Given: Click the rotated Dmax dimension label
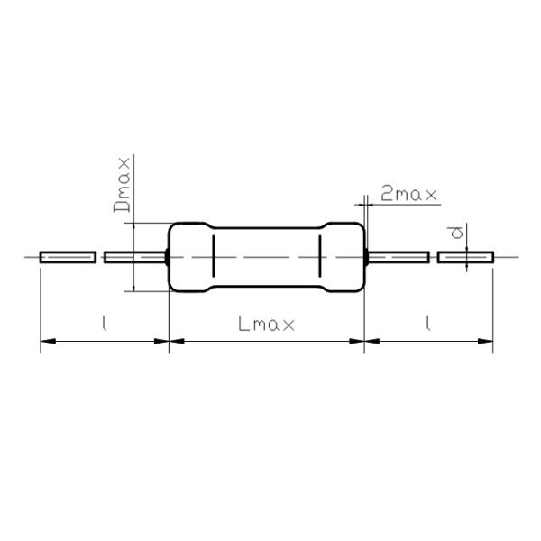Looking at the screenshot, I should pyautogui.click(x=124, y=186).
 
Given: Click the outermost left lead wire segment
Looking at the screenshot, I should pyautogui.click(x=68, y=257).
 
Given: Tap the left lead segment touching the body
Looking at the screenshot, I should pyautogui.click(x=136, y=257).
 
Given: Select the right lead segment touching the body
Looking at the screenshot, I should pyautogui.click(x=397, y=257).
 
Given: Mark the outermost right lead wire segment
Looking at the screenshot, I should pyautogui.click(x=465, y=257).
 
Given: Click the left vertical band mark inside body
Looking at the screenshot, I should pyautogui.click(x=213, y=257).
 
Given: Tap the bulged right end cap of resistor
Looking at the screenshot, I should pyautogui.click(x=344, y=257).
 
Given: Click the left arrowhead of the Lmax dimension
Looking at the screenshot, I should pyautogui.click(x=177, y=342).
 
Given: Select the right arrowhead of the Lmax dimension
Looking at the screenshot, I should pyautogui.click(x=357, y=342).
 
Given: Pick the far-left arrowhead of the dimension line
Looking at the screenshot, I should pyautogui.click(x=48, y=342).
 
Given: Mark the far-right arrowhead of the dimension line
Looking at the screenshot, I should pyautogui.click(x=486, y=342).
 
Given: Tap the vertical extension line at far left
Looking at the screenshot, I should pyautogui.click(x=41, y=307).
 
